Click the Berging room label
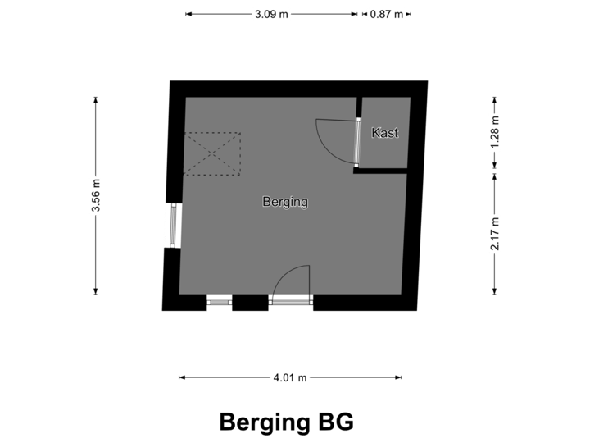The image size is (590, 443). point(285,201)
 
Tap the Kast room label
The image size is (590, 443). point(385,132)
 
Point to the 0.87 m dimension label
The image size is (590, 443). point(387,14)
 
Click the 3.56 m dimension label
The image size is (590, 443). point(96,196)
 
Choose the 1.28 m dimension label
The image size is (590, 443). point(494,132)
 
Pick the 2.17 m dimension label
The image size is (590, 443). point(494,234)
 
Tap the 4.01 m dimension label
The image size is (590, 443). point(290,377)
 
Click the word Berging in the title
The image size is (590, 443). point(263,422)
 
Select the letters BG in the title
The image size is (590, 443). point(336,422)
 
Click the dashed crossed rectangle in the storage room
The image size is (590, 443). point(213,153)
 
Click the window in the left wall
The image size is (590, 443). point(173,225)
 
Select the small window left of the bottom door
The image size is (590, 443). point(220,303)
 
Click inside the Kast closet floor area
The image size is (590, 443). point(385,148)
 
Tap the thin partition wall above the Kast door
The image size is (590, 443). point(358,107)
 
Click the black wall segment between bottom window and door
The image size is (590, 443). point(251,304)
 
